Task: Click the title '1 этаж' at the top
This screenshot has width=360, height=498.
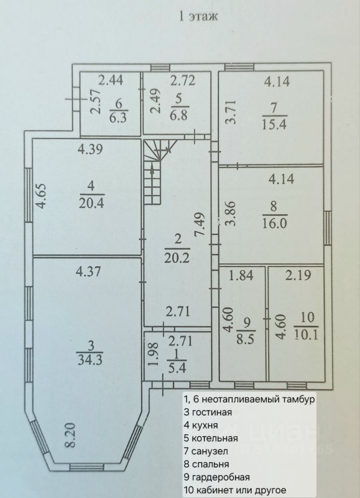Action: point(198,17)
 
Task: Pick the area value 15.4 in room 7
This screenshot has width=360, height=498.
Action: point(275,125)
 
